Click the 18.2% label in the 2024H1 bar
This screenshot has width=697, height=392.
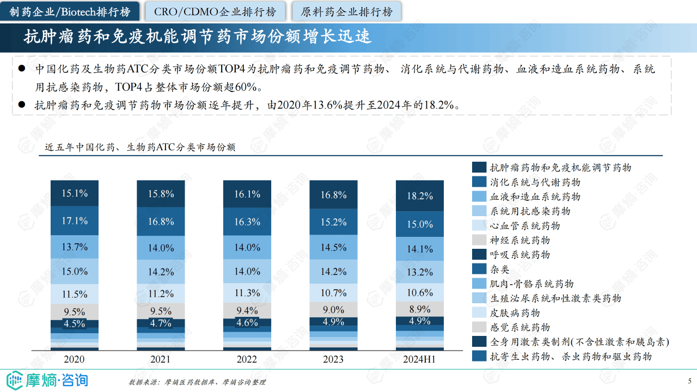click(x=419, y=196)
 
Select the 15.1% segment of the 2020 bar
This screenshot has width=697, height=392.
click(x=75, y=193)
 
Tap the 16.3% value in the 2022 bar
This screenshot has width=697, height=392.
click(x=247, y=222)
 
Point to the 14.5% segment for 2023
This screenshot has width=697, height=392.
click(x=333, y=247)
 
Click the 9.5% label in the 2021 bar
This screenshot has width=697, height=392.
click(x=161, y=311)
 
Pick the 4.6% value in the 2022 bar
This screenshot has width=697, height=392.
click(x=247, y=322)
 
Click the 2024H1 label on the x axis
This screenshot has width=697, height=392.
click(x=419, y=359)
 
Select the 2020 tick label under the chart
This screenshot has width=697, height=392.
click(x=75, y=359)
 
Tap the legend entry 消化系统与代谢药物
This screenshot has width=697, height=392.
click(x=535, y=182)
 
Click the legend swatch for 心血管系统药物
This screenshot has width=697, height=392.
click(x=479, y=225)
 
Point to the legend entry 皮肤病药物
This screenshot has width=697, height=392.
click(x=515, y=313)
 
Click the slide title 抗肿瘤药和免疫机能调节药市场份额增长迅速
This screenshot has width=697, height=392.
click(x=198, y=36)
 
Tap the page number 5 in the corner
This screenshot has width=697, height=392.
click(x=689, y=381)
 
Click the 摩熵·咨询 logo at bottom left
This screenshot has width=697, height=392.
click(x=47, y=379)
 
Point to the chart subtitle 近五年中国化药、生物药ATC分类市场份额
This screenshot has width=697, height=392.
click(x=140, y=147)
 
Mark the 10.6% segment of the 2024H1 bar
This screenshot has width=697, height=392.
click(x=419, y=292)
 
